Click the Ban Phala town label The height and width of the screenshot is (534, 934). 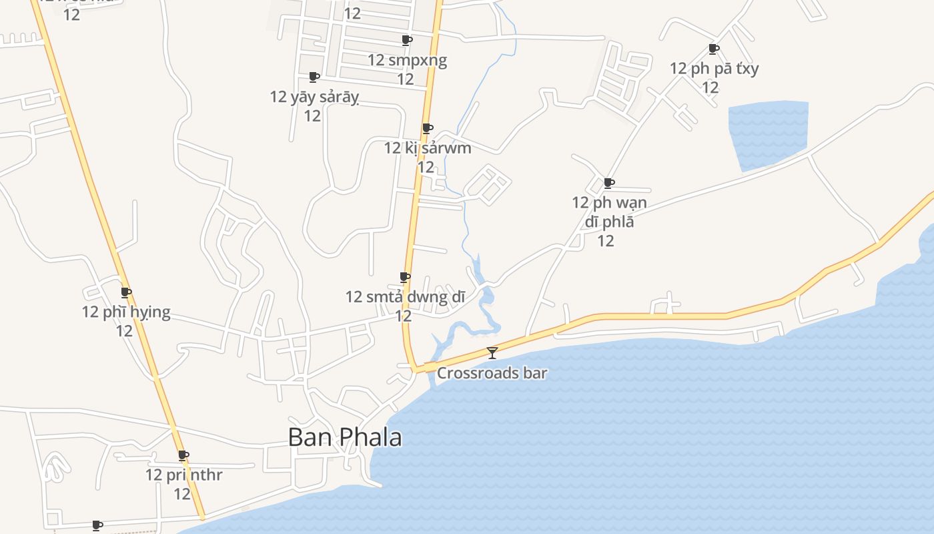[x=345, y=437]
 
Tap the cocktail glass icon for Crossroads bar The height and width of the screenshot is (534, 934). [x=492, y=352]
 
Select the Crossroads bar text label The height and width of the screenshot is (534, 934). [x=492, y=373]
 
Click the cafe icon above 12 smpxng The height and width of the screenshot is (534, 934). [x=407, y=41]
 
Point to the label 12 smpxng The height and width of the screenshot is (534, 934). [x=407, y=60]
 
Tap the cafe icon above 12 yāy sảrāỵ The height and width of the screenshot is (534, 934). [x=314, y=77]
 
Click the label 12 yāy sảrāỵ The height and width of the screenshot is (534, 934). [x=314, y=97]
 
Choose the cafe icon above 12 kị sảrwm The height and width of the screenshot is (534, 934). [x=428, y=128]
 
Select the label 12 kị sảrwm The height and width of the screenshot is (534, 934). [x=428, y=148]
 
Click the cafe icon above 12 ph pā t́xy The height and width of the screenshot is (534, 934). [x=714, y=49]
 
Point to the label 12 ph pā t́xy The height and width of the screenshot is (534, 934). [x=714, y=68]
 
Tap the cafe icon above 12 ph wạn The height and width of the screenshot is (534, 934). [x=609, y=183]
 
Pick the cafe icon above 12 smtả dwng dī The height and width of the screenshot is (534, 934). [x=404, y=277]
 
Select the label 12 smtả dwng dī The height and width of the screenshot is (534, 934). [x=405, y=296]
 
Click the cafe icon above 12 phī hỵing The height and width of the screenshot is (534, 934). [x=126, y=292]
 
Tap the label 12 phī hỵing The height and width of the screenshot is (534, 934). [x=126, y=312]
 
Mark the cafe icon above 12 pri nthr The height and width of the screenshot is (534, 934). [x=183, y=456]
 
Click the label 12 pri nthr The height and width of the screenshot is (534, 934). [x=183, y=475]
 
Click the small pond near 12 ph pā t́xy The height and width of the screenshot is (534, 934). [x=767, y=133]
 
